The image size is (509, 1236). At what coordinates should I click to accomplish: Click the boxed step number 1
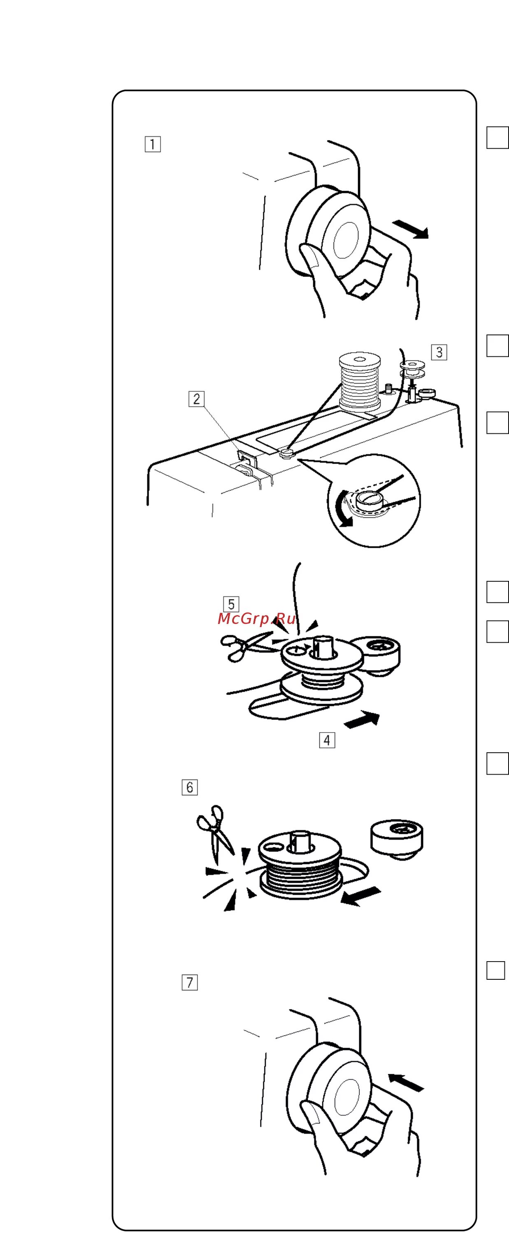pyautogui.click(x=152, y=144)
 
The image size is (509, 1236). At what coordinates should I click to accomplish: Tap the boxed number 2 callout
pyautogui.click(x=196, y=399)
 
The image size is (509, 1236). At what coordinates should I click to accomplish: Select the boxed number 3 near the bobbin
pyautogui.click(x=439, y=352)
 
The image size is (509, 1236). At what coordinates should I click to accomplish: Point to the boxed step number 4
pyautogui.click(x=327, y=740)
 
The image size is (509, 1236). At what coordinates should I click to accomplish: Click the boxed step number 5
pyautogui.click(x=231, y=604)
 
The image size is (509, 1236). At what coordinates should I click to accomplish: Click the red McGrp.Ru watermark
pyautogui.click(x=257, y=619)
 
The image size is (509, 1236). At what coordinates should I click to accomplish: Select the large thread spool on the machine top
pyautogui.click(x=360, y=382)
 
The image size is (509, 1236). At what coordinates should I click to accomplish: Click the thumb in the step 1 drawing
pyautogui.click(x=311, y=259)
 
